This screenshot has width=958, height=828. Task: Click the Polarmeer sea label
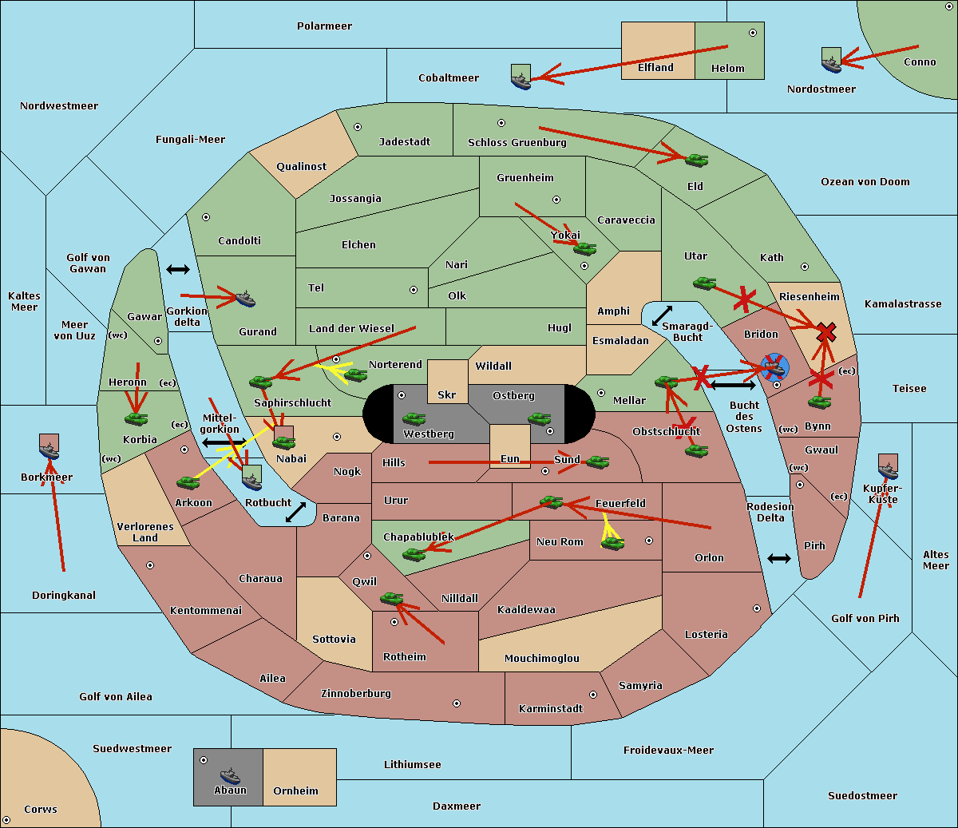pyautogui.click(x=324, y=26)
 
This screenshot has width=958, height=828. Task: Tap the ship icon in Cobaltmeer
pyautogui.click(x=521, y=78)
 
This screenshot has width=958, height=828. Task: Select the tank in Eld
pyautogui.click(x=697, y=160)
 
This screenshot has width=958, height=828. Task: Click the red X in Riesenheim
pyautogui.click(x=826, y=332)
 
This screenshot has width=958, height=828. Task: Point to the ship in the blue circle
pyautogui.click(x=774, y=368)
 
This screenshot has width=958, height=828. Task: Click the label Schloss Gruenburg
pyautogui.click(x=517, y=143)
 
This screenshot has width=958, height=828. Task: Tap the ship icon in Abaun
pyautogui.click(x=230, y=775)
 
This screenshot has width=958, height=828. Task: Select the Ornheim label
pyautogui.click(x=295, y=791)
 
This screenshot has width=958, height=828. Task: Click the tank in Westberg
pyautogui.click(x=414, y=418)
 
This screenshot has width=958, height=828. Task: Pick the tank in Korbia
pyautogui.click(x=137, y=418)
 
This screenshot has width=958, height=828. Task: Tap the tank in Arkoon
pyautogui.click(x=188, y=482)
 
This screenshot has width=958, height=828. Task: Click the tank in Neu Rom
pyautogui.click(x=612, y=544)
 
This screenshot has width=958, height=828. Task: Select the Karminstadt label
pyautogui.click(x=551, y=709)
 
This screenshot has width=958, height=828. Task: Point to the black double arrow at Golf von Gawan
pyautogui.click(x=178, y=270)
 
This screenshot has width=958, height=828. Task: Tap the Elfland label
pyautogui.click(x=655, y=68)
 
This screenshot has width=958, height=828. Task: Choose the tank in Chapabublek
pyautogui.click(x=414, y=553)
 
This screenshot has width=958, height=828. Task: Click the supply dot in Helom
pyautogui.click(x=752, y=33)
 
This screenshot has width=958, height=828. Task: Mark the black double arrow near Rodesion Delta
pyautogui.click(x=779, y=558)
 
